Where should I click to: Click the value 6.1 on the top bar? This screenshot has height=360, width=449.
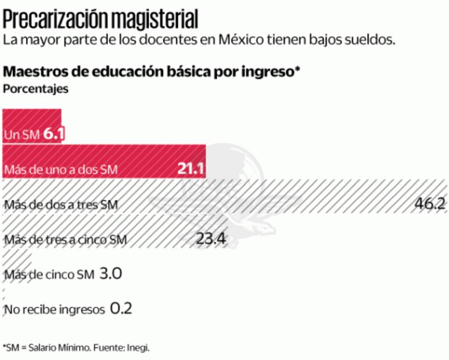point(53,135)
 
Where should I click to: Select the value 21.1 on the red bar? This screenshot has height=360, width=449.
point(191,169)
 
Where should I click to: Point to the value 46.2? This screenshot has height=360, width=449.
point(429,204)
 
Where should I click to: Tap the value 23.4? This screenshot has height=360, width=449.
point(211,239)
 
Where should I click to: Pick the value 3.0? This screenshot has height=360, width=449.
point(110,273)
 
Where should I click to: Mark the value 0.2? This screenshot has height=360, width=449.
point(121,308)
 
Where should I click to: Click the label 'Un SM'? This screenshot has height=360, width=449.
point(21,135)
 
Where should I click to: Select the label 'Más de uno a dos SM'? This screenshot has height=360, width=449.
point(60,170)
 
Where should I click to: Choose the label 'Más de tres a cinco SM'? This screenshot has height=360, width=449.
point(65,239)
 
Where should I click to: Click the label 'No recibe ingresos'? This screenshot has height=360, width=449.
point(54,309)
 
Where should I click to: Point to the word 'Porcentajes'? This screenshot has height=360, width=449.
point(36,89)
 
